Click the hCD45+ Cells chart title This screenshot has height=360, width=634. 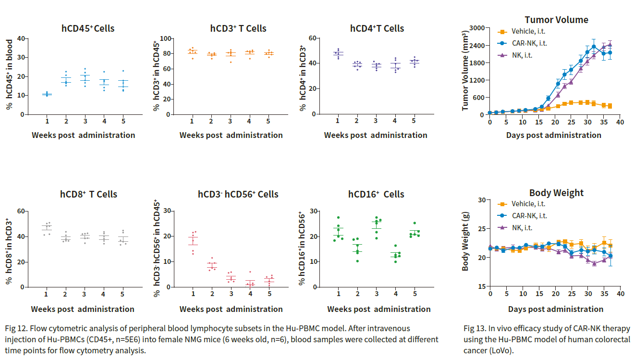(88, 28)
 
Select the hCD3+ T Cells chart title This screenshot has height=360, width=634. (238, 28)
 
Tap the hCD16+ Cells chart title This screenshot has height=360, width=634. (376, 194)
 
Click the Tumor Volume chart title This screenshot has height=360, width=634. (556, 20)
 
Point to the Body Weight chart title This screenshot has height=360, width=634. (556, 193)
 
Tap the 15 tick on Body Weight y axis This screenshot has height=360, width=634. (480, 287)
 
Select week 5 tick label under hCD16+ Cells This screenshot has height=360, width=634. (415, 294)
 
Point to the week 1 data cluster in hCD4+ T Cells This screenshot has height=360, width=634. (339, 53)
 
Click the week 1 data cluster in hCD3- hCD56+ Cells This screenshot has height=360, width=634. (193, 242)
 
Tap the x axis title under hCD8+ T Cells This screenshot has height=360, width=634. (83, 309)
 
